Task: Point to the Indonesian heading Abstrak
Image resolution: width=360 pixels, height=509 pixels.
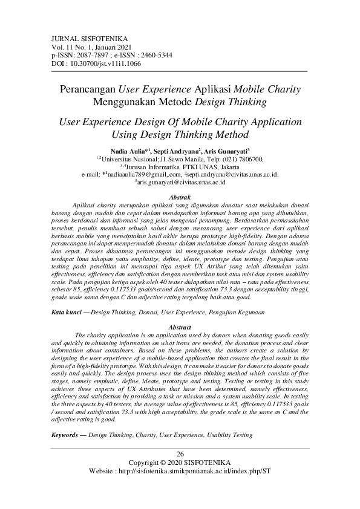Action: coord(180,198)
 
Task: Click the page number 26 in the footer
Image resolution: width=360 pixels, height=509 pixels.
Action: coord(180,454)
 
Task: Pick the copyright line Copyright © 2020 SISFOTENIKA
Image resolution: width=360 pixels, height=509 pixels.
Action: coord(180,462)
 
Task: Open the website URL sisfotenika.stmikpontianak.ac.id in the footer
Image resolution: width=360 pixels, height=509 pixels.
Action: coord(200,470)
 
